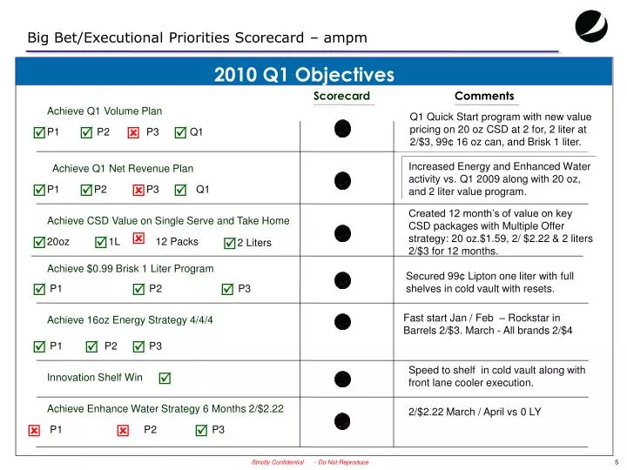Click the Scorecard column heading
coord(341,96)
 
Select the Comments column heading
coord(484,96)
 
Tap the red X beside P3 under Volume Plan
coord(133,133)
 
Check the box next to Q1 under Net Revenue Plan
coord(180,190)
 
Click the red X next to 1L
coord(138,238)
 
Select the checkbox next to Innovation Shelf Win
coord(165,378)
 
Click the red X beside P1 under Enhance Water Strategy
coord(34,431)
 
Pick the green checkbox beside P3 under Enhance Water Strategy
coord(201,430)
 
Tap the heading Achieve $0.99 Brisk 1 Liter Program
coord(130,268)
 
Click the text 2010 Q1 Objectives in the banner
coord(304,75)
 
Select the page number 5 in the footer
coord(616,462)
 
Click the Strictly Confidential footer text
coord(277,462)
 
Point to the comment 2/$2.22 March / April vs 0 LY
coord(475,412)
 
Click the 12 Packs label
coord(177,242)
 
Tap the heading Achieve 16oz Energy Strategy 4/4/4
coord(130,320)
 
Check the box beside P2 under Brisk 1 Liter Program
coord(138,289)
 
